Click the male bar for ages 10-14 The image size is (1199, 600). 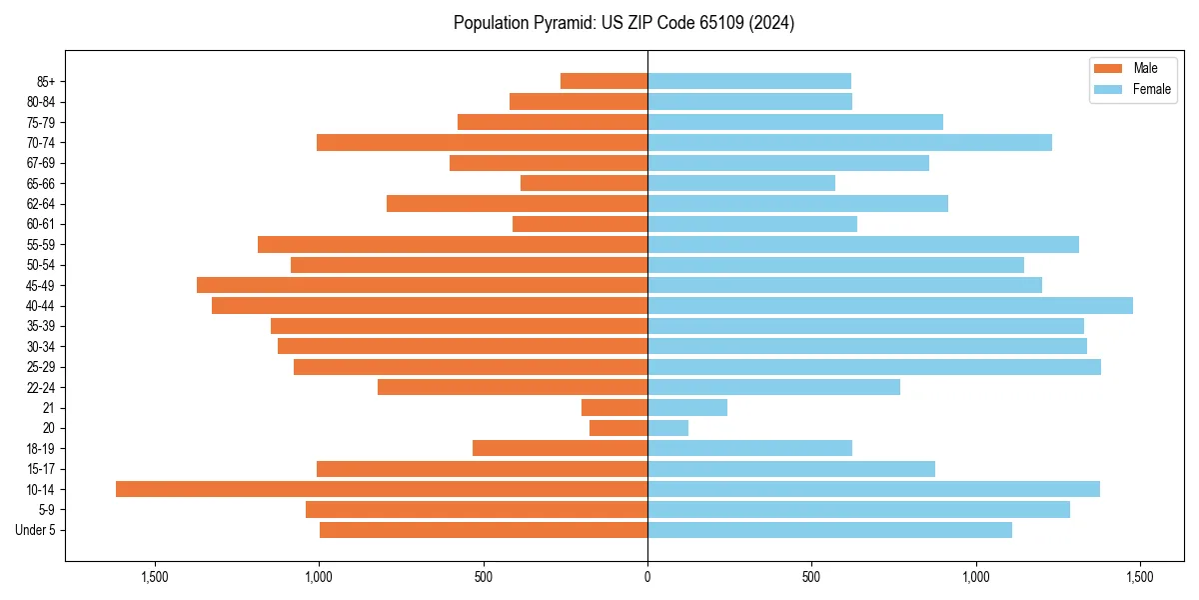(x=382, y=489)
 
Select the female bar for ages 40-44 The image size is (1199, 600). (x=890, y=305)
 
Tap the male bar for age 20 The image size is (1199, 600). (x=618, y=428)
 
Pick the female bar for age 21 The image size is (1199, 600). (x=687, y=407)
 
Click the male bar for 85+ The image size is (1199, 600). (x=603, y=81)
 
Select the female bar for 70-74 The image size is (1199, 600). (x=849, y=142)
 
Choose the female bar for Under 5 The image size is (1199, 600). (x=829, y=530)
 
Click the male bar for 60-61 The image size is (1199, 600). (x=580, y=224)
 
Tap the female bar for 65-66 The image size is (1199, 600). (x=741, y=183)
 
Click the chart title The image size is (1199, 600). (x=623, y=23)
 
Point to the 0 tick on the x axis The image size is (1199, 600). (x=647, y=577)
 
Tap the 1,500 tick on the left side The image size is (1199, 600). (x=155, y=577)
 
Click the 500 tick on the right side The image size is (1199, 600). (x=811, y=577)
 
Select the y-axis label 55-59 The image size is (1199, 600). (x=41, y=244)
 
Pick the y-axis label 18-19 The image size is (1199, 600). (x=41, y=448)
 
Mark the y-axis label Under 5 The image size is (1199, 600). (x=36, y=530)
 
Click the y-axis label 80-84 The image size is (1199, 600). (x=41, y=101)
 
